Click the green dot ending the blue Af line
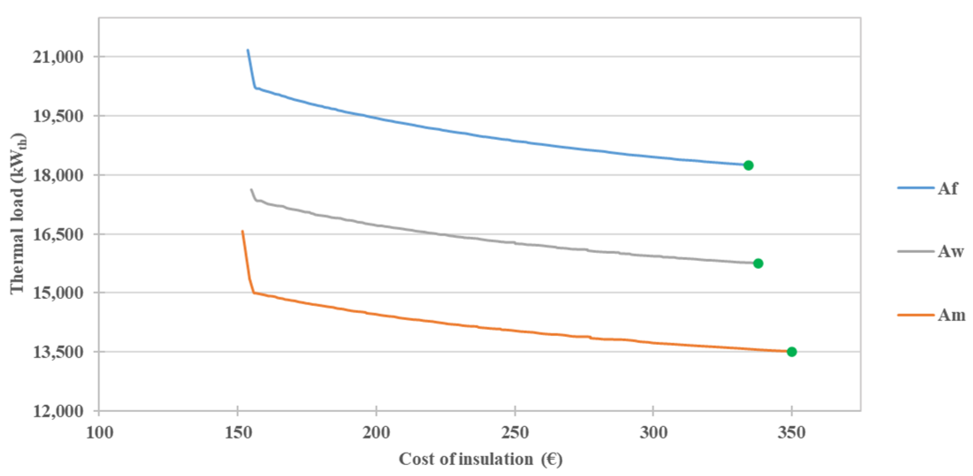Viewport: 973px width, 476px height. tap(748, 165)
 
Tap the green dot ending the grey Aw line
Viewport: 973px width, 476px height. tap(758, 264)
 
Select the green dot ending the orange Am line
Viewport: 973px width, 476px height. tap(791, 352)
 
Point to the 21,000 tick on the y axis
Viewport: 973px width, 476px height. tap(58, 57)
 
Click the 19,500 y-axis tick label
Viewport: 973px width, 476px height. tap(58, 116)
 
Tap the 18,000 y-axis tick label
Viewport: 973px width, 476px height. tap(58, 175)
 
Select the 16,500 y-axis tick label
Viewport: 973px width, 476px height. tap(58, 234)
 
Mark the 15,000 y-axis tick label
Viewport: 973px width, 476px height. tap(58, 293)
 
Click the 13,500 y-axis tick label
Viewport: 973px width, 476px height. tap(58, 352)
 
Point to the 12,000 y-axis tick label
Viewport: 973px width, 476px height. tap(58, 411)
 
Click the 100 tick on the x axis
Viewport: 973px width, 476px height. tap(99, 432)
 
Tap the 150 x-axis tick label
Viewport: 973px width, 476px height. tap(238, 432)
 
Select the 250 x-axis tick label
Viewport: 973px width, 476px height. tap(515, 432)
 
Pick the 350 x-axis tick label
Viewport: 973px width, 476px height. tap(791, 432)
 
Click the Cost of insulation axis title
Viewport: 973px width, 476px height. tap(480, 459)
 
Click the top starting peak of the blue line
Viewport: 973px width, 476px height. tap(248, 50)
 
